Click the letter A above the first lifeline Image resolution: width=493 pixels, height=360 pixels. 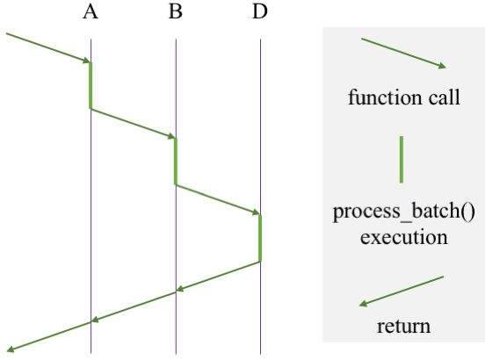pyautogui.click(x=90, y=12)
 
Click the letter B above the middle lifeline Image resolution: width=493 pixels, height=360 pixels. pyautogui.click(x=175, y=12)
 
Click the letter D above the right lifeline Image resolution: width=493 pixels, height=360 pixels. pyautogui.click(x=260, y=12)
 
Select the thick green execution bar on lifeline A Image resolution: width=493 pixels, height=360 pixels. pyautogui.click(x=91, y=85)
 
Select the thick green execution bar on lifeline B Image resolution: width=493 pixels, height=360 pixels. pyautogui.click(x=176, y=161)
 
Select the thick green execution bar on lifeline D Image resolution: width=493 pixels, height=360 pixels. pyautogui.click(x=260, y=237)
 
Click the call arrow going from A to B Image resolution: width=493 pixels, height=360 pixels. pyautogui.click(x=133, y=123)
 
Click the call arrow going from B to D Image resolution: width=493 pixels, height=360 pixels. pyautogui.click(x=218, y=199)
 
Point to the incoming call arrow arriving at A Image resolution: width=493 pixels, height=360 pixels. pyautogui.click(x=48, y=47)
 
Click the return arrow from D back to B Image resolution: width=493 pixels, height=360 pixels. pyautogui.click(x=218, y=277)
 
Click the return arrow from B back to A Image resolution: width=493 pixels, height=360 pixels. pyautogui.click(x=133, y=307)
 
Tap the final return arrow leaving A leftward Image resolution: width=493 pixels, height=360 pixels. pyautogui.click(x=48, y=338)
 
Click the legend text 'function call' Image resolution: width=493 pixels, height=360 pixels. pyautogui.click(x=403, y=97)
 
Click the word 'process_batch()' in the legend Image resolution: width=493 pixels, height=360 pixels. pyautogui.click(x=403, y=213)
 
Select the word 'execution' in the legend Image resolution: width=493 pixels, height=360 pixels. pyautogui.click(x=403, y=237)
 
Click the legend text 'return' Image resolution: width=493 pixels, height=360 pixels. pyautogui.click(x=403, y=327)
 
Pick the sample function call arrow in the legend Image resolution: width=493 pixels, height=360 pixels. pyautogui.click(x=403, y=53)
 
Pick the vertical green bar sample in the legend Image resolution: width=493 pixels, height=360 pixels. pyautogui.click(x=402, y=159)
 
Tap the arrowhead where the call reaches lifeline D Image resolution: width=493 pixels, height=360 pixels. pyautogui.click(x=256, y=212)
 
